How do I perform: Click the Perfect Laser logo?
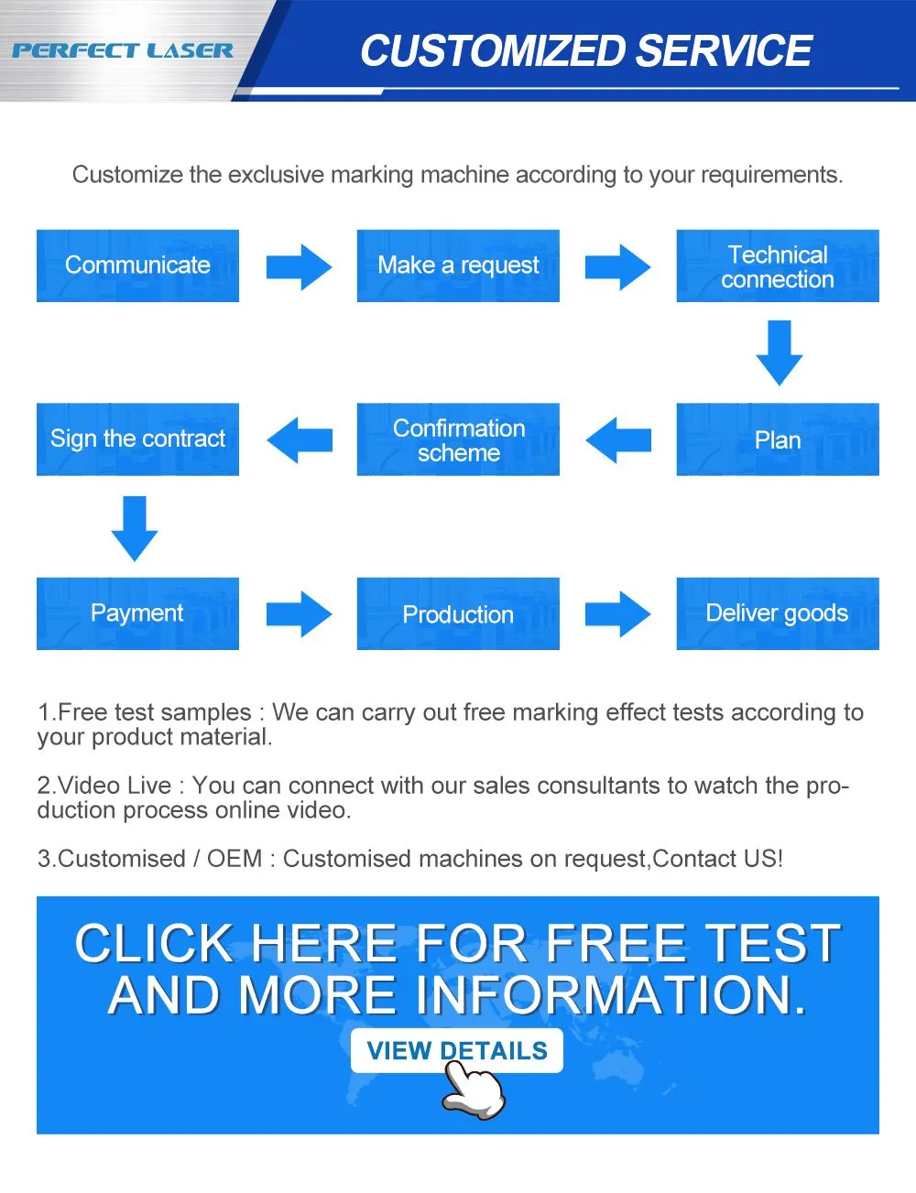[123, 51]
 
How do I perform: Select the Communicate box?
[137, 266]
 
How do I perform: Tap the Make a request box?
[458, 266]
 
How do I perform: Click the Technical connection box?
[778, 266]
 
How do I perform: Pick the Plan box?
[778, 439]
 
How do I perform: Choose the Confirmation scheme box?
[458, 439]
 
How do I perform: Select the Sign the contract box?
[137, 439]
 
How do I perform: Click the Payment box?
[137, 613]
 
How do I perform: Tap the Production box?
[458, 613]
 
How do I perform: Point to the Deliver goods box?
[778, 613]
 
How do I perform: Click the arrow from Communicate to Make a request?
[300, 267]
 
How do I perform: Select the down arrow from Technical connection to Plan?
[780, 353]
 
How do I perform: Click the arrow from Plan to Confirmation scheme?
[618, 440]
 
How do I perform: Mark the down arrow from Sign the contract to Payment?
[135, 528]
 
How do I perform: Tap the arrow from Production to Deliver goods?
[618, 613]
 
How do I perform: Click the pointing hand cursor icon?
[474, 1090]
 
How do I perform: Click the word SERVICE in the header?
[724, 50]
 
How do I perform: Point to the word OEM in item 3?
[234, 859]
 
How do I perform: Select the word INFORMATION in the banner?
[611, 995]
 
